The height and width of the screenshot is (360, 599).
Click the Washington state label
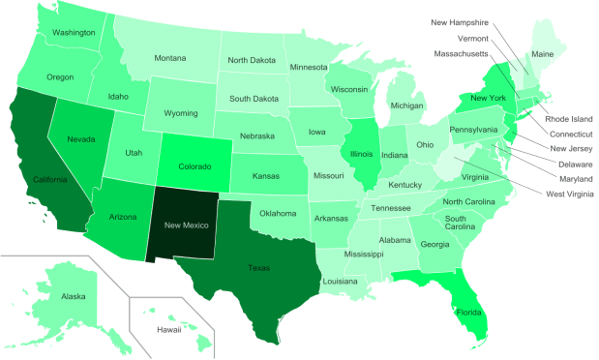point(74,32)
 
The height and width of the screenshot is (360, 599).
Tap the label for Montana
point(169,58)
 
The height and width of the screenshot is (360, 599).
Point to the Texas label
point(258,267)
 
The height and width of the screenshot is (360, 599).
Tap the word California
point(49,179)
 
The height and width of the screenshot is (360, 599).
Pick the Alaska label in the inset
point(73,296)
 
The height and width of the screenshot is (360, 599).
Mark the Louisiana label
point(341,281)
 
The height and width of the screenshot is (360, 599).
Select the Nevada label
point(80,139)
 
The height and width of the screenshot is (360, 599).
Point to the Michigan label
point(407,105)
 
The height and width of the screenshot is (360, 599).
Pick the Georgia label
point(434,244)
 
